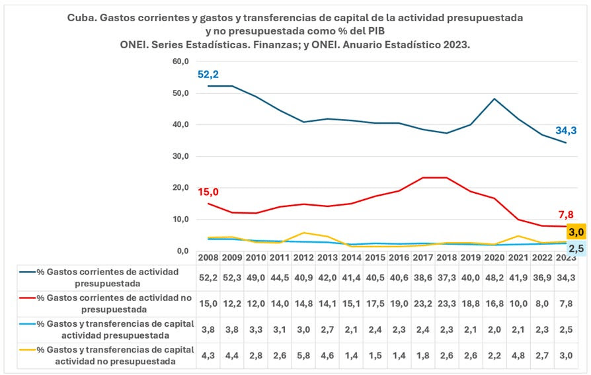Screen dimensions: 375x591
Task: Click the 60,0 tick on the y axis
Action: [180, 62]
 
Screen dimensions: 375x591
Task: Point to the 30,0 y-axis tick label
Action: [180, 156]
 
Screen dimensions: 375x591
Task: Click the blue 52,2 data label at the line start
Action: [209, 75]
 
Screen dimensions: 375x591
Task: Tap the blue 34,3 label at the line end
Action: [567, 130]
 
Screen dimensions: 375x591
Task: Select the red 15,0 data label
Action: [209, 192]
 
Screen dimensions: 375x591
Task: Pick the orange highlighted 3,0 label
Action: [576, 231]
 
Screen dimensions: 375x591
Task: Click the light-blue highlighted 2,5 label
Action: [576, 248]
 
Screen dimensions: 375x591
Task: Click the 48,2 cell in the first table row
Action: [494, 277]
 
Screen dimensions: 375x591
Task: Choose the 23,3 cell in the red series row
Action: [447, 302]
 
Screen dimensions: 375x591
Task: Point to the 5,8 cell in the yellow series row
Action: [303, 355]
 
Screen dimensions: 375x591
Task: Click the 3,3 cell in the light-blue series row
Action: [256, 329]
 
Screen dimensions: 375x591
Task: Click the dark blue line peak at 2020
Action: [494, 99]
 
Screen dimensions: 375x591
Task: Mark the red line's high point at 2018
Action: [447, 177]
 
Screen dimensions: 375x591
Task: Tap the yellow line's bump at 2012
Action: [303, 233]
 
